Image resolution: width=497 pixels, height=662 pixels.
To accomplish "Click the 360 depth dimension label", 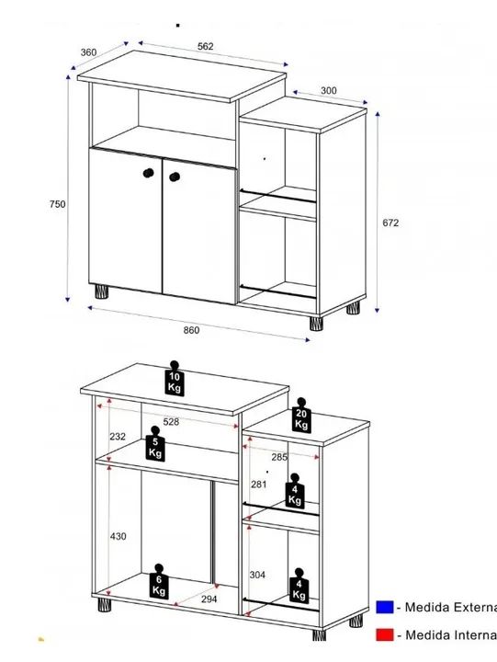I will tap(88, 52).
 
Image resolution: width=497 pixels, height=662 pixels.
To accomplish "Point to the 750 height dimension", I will tap(57, 204).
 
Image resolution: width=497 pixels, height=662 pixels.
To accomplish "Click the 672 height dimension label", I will tap(391, 223).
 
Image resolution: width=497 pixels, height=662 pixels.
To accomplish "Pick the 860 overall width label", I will tap(190, 329).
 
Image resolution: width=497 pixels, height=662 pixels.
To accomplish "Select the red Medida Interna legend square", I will tap(385, 635).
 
